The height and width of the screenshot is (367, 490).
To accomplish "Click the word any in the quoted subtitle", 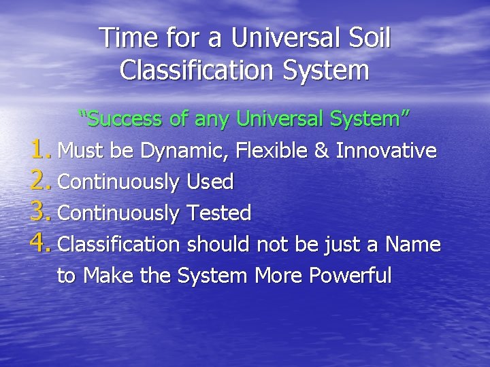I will click(x=212, y=120).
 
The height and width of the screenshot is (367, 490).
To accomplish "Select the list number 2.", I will click(x=40, y=181).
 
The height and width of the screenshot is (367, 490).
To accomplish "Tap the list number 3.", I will click(x=40, y=213).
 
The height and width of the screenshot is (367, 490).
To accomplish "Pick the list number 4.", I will click(x=40, y=244).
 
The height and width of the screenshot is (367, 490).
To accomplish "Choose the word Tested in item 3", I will click(x=218, y=213).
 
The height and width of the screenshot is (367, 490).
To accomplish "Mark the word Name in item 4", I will click(x=414, y=245).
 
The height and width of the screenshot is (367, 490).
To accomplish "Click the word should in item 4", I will click(x=218, y=245).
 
